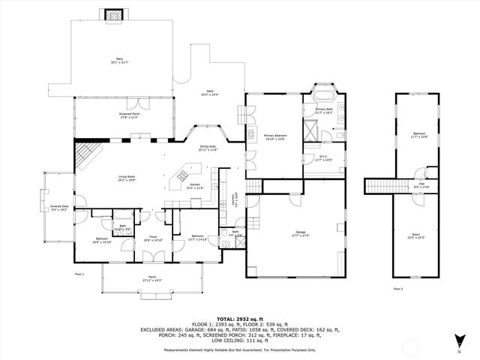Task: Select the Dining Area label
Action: click(207, 148)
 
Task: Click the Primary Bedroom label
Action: click(275, 136)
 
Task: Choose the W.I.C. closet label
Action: click(322, 157)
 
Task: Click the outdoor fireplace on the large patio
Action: click(114, 14)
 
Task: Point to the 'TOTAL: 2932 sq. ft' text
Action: click(239, 319)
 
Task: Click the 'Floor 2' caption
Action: click(397, 289)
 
